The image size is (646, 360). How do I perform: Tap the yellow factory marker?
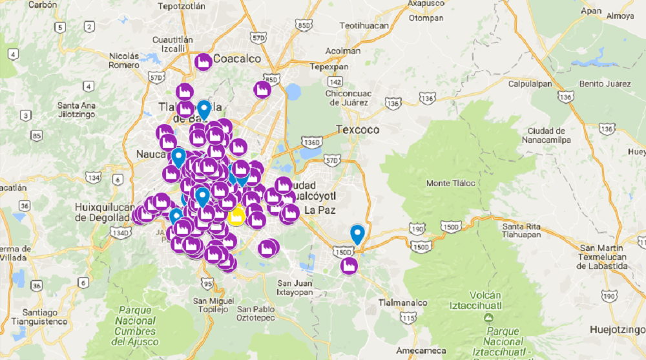point(236,215)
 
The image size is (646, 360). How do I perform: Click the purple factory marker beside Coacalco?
point(203,61)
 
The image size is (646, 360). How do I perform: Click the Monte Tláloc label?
point(450,184)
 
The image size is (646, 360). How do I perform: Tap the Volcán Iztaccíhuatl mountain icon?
point(490,317)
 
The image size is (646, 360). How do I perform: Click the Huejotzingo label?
point(617,330)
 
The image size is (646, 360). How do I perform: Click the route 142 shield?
point(335,81)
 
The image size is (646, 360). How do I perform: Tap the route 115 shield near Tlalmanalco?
point(406,317)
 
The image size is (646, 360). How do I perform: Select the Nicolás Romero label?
point(124,60)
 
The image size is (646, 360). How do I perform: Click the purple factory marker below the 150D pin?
point(349,266)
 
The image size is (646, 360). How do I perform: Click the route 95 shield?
point(207,283)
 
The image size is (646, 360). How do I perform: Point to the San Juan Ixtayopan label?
point(295,288)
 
